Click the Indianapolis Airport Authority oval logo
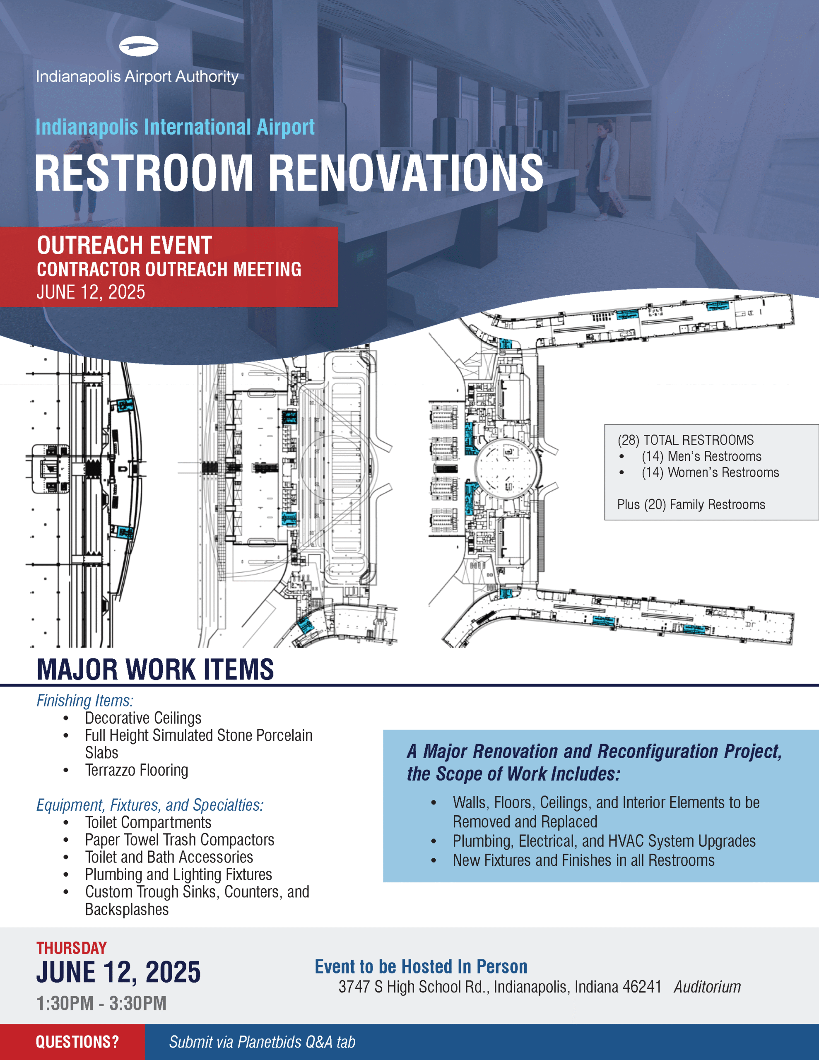point(138,47)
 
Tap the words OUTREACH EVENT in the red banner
point(124,245)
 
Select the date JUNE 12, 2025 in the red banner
point(91,292)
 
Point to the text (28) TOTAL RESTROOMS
point(686,440)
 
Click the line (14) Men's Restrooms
point(701,456)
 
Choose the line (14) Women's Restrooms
point(710,472)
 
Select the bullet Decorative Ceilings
point(143,718)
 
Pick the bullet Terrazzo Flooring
point(136,770)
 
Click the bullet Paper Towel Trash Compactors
point(180,840)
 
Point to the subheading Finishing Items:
point(85,701)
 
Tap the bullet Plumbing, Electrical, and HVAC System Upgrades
point(604,841)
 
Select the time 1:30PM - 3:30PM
point(101,1003)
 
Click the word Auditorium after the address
point(707,987)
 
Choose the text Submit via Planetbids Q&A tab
point(262,1042)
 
